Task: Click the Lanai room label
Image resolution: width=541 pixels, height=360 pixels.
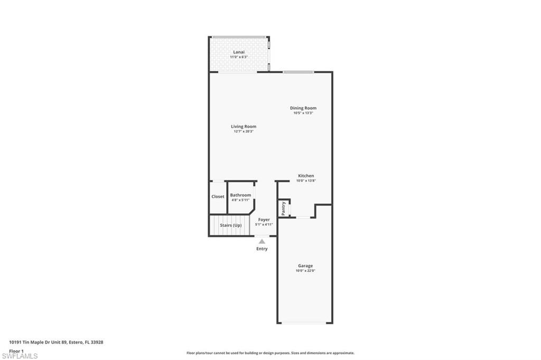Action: pyautogui.click(x=239, y=52)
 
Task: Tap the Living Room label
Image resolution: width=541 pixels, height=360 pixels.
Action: pyautogui.click(x=244, y=127)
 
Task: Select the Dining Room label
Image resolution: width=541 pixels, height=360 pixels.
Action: pyautogui.click(x=303, y=108)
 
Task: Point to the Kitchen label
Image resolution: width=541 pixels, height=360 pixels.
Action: pyautogui.click(x=306, y=176)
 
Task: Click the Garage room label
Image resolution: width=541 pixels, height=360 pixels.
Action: pyautogui.click(x=305, y=266)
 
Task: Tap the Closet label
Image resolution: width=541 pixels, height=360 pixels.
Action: pyautogui.click(x=218, y=196)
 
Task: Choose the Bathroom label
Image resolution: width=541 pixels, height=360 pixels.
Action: pyautogui.click(x=240, y=195)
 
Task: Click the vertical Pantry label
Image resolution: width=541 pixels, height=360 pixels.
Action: pyautogui.click(x=284, y=209)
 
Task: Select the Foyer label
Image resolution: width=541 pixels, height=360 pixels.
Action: pyautogui.click(x=264, y=220)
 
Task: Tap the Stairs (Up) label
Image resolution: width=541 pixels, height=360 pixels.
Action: pyautogui.click(x=231, y=225)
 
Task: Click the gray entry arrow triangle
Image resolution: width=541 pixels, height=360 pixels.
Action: pyautogui.click(x=262, y=241)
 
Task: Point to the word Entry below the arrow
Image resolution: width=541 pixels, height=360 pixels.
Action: pyautogui.click(x=262, y=249)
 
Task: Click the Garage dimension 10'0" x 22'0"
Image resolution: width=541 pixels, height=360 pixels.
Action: pyautogui.click(x=305, y=271)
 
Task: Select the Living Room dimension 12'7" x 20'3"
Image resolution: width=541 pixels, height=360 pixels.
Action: pyautogui.click(x=244, y=131)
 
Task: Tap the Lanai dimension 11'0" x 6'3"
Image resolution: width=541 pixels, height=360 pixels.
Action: pyautogui.click(x=239, y=57)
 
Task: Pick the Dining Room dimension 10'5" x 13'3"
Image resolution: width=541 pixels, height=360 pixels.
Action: pyautogui.click(x=303, y=113)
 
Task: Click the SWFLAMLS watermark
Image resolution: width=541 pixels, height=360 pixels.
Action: pyautogui.click(x=20, y=356)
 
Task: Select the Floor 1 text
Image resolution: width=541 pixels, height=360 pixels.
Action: pyautogui.click(x=16, y=351)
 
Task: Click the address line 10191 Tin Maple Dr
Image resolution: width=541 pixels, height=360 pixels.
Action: pyautogui.click(x=56, y=343)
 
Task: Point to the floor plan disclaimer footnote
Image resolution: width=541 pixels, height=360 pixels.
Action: pyautogui.click(x=270, y=353)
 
